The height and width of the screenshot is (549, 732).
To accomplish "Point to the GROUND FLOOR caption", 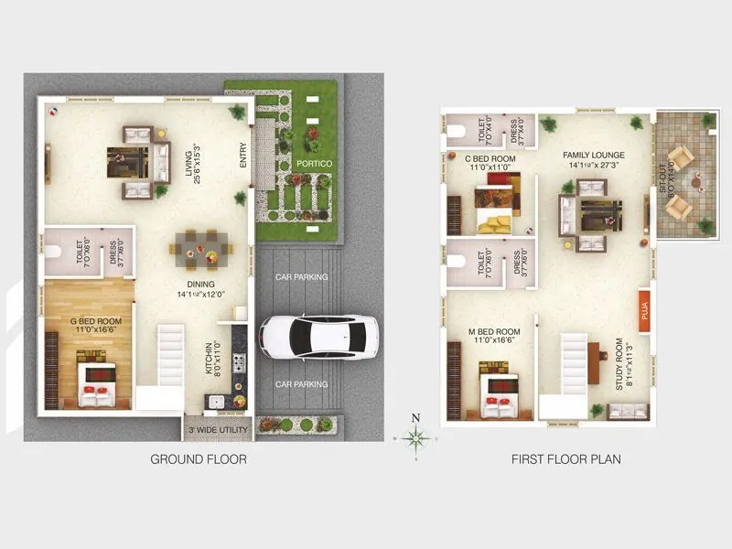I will click(199, 458).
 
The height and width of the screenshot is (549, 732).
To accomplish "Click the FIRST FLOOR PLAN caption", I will click(565, 458).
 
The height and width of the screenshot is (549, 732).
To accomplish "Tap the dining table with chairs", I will click(199, 246).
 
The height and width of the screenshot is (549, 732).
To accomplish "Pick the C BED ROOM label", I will click(492, 163).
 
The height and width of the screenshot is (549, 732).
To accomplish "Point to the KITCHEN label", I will click(212, 361).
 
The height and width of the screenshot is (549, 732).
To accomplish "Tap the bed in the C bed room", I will click(494, 210).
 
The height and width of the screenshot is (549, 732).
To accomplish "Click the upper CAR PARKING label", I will click(302, 277).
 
